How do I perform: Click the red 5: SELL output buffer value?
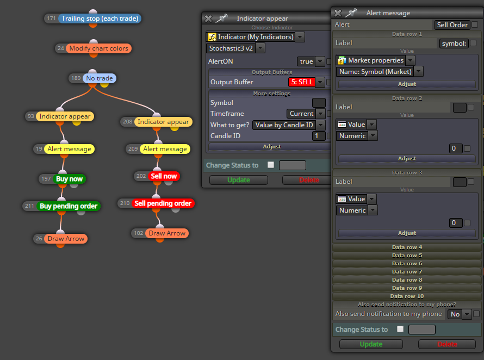[302, 82]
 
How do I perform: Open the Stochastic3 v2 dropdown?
[235, 48]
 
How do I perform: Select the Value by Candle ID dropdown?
[289, 125]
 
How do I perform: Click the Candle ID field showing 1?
[319, 136]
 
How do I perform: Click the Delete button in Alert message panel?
[447, 344]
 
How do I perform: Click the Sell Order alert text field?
[452, 24]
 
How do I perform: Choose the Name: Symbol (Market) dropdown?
[380, 72]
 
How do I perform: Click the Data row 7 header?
[407, 272]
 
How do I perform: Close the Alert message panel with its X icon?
[338, 13]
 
